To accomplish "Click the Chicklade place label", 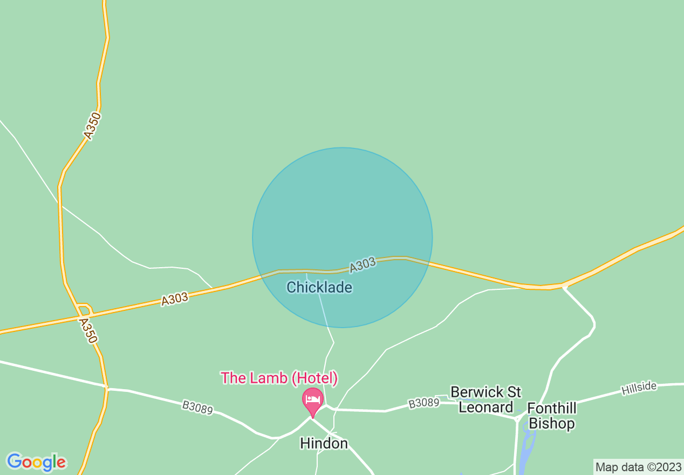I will [319, 287].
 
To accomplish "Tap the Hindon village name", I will [324, 444].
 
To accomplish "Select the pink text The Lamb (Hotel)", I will [279, 378].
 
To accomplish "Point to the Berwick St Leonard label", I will [485, 399].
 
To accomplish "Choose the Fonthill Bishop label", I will [551, 416].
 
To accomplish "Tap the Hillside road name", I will [639, 388].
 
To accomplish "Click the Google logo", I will [36, 462].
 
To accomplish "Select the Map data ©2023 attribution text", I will [638, 467].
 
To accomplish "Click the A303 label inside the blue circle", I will [362, 265].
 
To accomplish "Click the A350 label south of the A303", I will [87, 330].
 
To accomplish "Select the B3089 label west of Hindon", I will [197, 408].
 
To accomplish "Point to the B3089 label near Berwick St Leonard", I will [424, 403].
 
